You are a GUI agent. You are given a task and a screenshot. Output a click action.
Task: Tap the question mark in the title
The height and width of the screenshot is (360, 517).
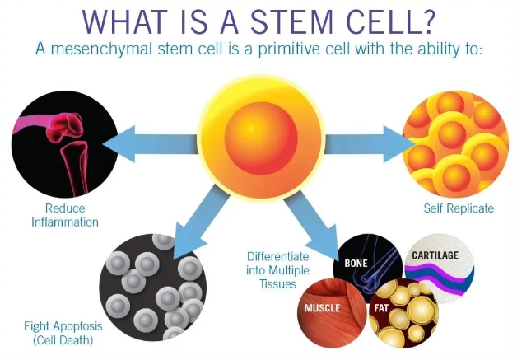424,21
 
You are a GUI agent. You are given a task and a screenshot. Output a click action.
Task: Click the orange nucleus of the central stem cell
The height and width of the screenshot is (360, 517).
261,138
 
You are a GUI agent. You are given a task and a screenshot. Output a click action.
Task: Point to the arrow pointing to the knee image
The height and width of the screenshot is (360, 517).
151,144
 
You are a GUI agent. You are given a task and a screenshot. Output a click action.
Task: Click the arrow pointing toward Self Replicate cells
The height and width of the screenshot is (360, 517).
370,144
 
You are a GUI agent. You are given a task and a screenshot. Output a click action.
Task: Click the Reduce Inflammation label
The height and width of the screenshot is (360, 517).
65,215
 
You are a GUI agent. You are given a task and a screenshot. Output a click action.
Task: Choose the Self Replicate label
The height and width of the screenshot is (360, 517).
459,208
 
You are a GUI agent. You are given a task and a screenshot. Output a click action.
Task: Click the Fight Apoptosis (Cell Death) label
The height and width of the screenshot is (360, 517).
63,333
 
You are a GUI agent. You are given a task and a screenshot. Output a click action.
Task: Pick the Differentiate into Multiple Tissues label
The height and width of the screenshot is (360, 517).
278,270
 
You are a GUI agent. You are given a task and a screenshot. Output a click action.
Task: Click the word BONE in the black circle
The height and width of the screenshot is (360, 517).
356,264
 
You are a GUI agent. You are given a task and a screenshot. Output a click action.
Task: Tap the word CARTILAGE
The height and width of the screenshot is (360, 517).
435,255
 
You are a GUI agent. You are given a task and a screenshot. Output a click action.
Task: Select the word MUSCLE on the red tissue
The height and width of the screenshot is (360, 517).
322,308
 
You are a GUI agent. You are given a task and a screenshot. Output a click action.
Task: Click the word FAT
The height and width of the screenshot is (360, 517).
381,308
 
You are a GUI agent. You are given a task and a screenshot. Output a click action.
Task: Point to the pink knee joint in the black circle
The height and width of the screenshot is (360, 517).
67,126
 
